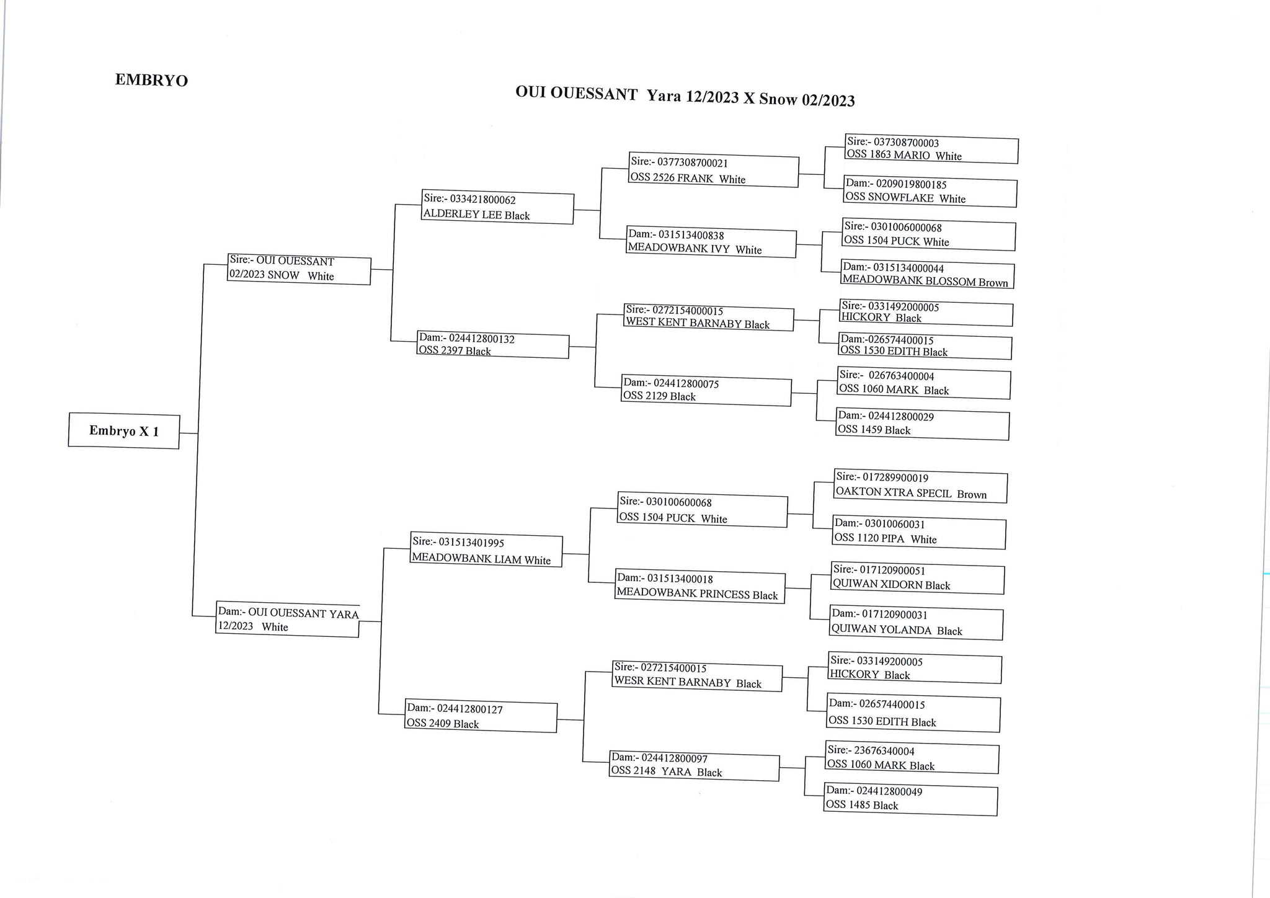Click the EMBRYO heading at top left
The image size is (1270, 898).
coord(151,80)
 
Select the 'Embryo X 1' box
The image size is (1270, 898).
coord(124,430)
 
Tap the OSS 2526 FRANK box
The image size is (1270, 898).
coord(714,170)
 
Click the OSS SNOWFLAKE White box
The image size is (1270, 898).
coord(930,192)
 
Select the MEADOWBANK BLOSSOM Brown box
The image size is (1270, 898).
coord(928,275)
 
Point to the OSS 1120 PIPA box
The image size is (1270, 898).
coord(919,532)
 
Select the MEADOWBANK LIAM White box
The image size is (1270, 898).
coord(486,549)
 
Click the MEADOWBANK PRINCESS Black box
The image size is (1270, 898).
coord(700,586)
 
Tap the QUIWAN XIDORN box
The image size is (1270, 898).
coord(918,578)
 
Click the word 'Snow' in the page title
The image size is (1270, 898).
coord(778,99)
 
